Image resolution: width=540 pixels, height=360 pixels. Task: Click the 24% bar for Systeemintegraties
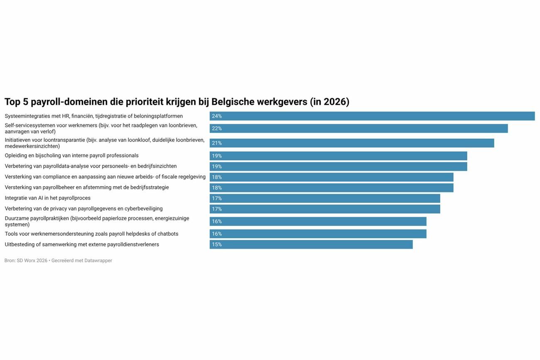[372, 116]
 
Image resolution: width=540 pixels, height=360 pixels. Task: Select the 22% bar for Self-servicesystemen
[358, 128]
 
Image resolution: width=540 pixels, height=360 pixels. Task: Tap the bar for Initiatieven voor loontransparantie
[352, 143]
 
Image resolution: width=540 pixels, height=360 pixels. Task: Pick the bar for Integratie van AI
[325, 198]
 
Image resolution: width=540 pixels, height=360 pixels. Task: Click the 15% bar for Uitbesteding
[311, 244]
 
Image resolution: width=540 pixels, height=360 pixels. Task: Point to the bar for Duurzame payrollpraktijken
[318, 222]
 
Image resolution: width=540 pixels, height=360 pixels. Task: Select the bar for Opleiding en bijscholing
[338, 156]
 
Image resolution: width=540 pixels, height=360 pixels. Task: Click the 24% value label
[217, 116]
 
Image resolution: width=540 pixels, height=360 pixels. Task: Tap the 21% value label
[217, 143]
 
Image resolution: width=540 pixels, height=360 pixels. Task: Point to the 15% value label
[217, 244]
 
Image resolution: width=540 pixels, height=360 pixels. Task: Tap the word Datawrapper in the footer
[98, 261]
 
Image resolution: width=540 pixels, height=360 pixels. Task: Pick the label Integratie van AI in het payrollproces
[47, 198]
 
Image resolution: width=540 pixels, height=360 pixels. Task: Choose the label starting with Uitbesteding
[82, 244]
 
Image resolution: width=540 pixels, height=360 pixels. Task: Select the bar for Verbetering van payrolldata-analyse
[338, 167]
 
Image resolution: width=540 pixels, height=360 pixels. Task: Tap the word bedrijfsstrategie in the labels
[150, 187]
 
